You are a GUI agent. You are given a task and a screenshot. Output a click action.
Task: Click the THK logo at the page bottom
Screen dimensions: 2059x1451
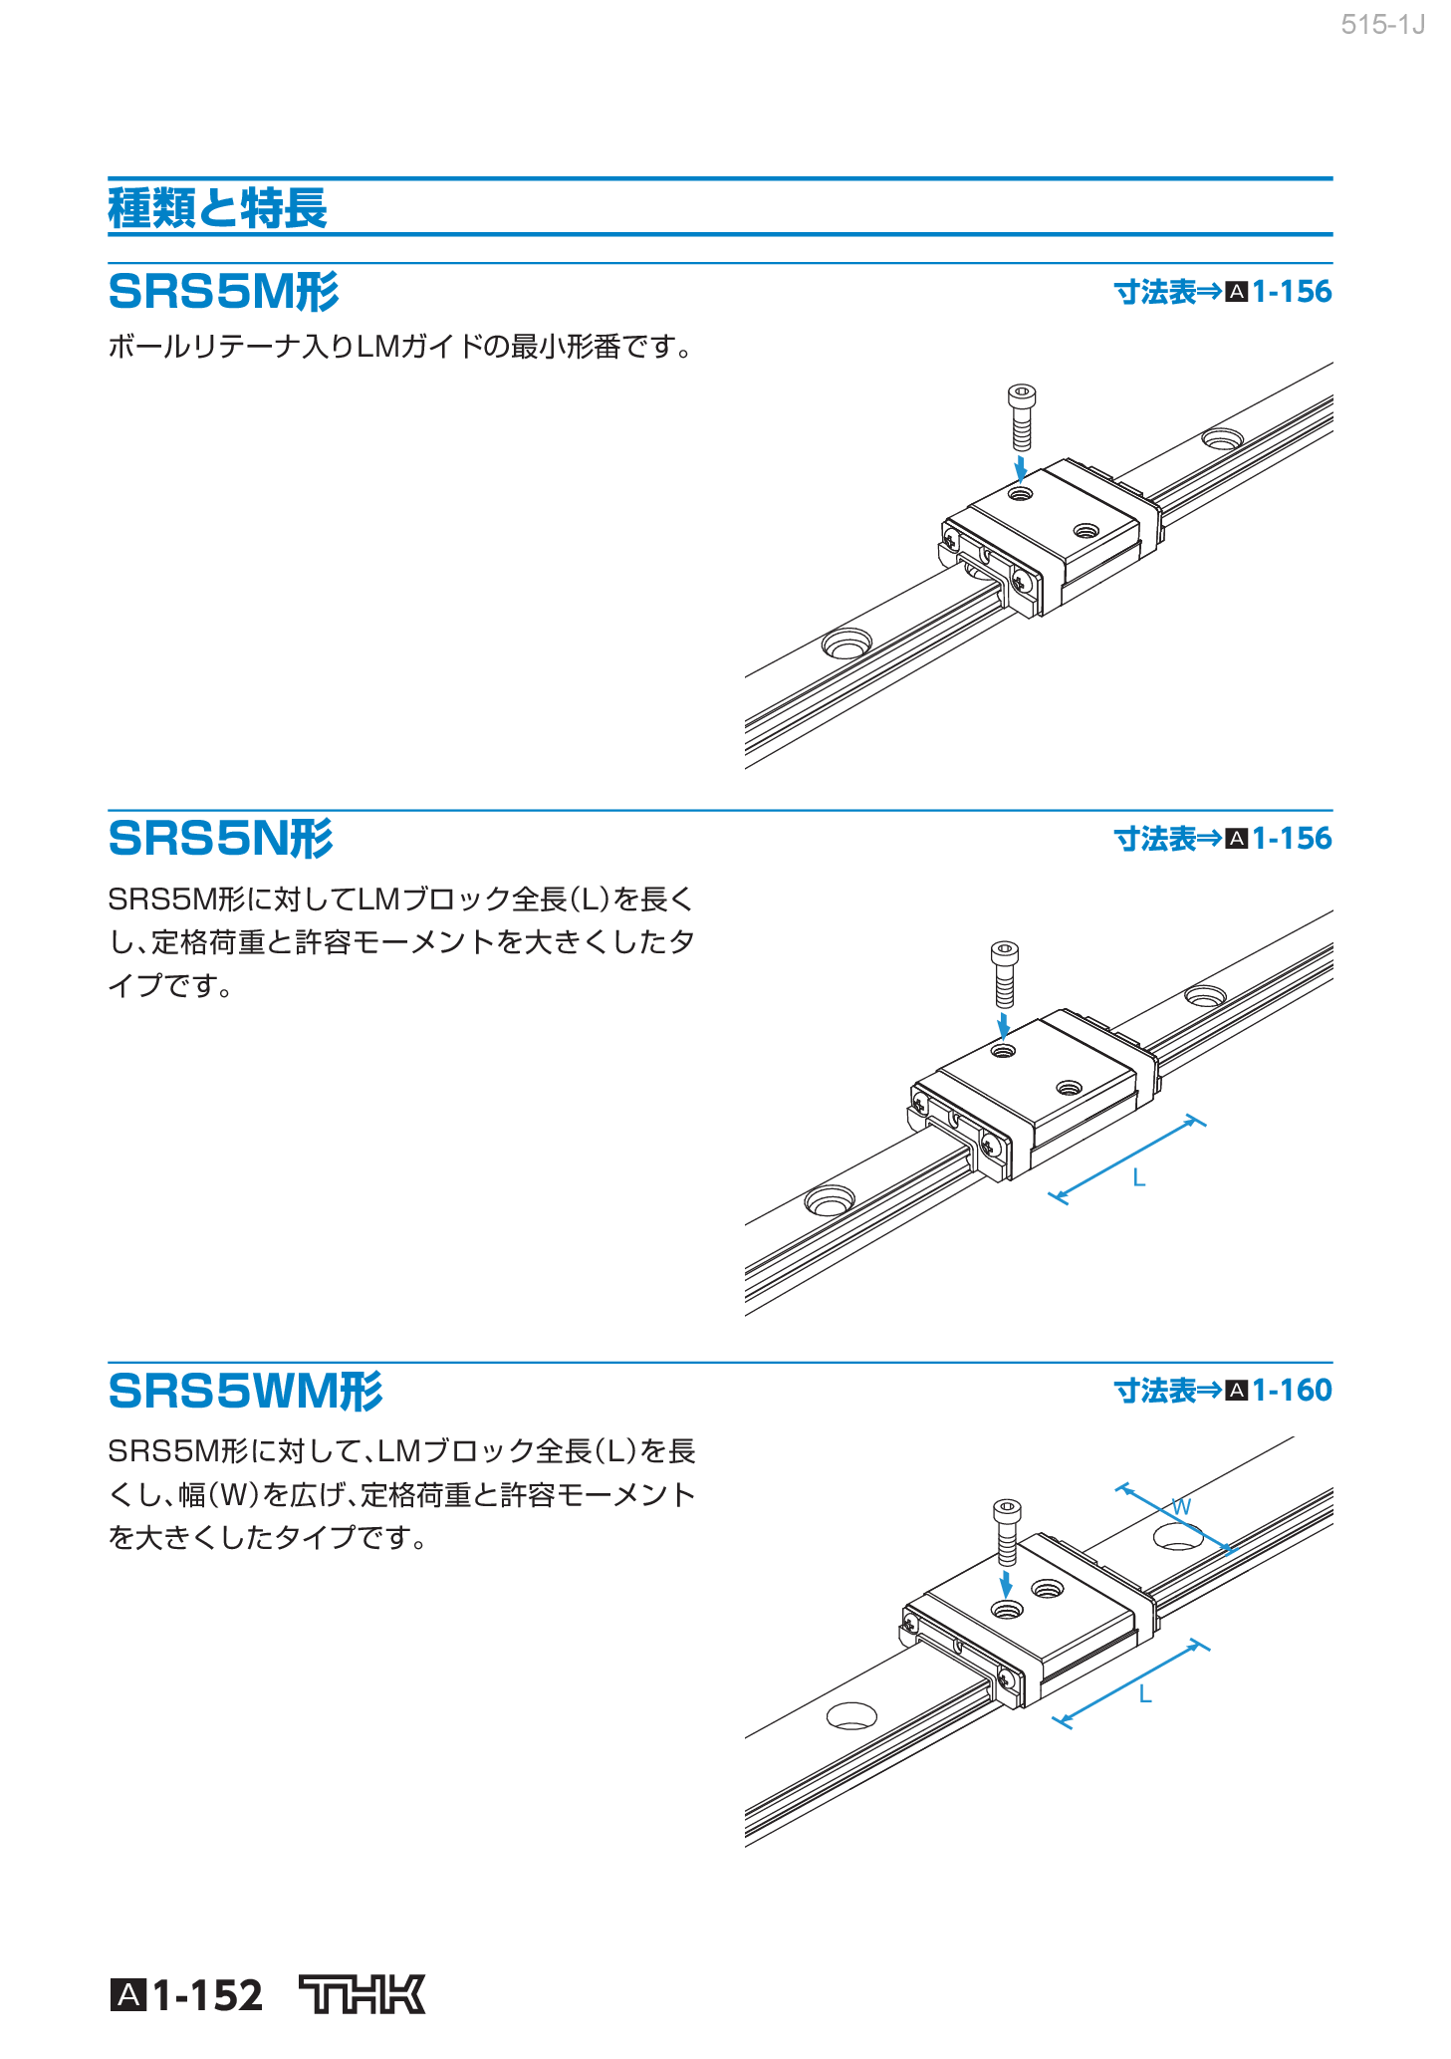click(362, 1994)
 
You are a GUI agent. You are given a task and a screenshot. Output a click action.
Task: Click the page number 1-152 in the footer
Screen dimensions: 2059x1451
click(207, 1995)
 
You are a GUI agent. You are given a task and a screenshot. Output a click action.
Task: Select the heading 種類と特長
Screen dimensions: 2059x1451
click(217, 208)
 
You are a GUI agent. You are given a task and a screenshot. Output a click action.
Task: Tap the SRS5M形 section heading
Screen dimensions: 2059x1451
click(223, 292)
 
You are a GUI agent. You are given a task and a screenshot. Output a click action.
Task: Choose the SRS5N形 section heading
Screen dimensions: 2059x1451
click(220, 838)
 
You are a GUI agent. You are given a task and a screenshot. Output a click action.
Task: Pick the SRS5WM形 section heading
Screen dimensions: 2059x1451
click(245, 1391)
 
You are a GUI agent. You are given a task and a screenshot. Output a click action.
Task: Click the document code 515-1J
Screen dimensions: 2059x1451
click(1382, 25)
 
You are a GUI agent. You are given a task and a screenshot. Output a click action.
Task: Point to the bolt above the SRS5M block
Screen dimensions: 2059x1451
click(1021, 417)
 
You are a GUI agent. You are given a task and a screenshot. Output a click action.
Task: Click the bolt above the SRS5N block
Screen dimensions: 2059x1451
click(1005, 973)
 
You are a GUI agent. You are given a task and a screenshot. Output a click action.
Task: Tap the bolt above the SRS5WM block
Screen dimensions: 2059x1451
click(1007, 1531)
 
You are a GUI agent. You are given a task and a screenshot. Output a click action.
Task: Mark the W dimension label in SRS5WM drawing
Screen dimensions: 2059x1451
click(1181, 1506)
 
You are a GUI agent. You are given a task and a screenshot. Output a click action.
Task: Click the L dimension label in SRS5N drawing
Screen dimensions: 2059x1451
click(1139, 1178)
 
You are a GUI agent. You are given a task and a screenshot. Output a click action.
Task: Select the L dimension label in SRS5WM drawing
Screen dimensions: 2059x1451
click(1145, 1694)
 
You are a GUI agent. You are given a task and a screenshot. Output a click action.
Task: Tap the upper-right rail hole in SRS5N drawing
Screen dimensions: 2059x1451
click(1205, 995)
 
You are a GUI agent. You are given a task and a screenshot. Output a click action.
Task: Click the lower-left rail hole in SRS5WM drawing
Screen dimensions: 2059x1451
click(851, 1715)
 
